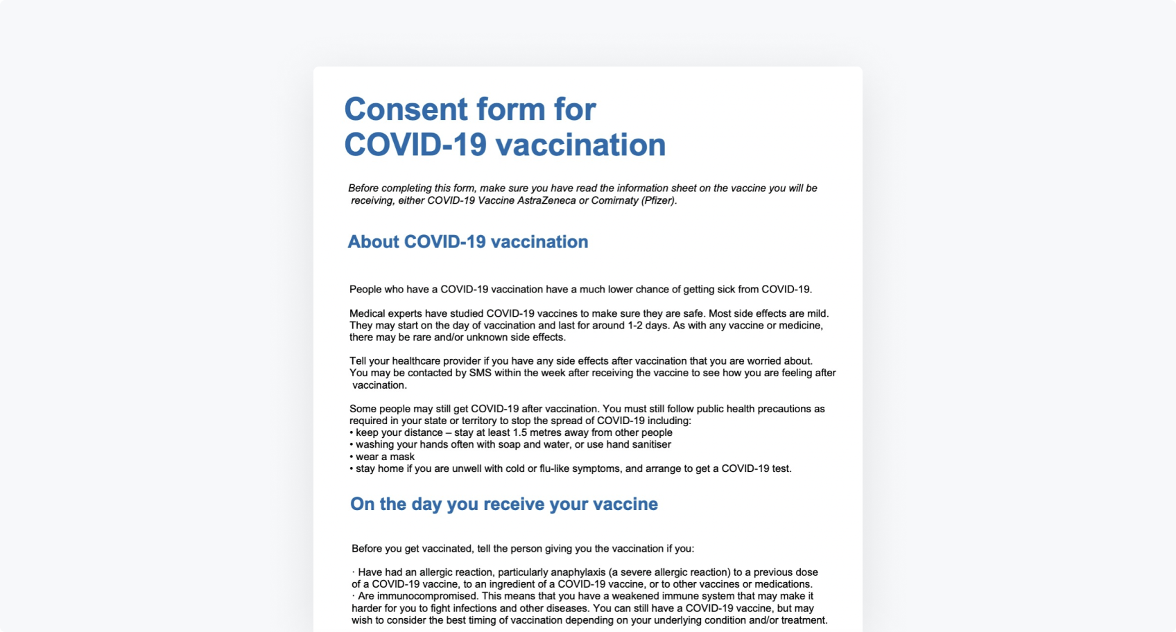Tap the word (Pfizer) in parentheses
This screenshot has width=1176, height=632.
[659, 200]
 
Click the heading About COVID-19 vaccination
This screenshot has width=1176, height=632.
[468, 242]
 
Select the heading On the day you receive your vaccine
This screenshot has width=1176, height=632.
[504, 504]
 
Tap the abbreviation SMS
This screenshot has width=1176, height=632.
[480, 373]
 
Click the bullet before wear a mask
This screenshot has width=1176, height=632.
[352, 457]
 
